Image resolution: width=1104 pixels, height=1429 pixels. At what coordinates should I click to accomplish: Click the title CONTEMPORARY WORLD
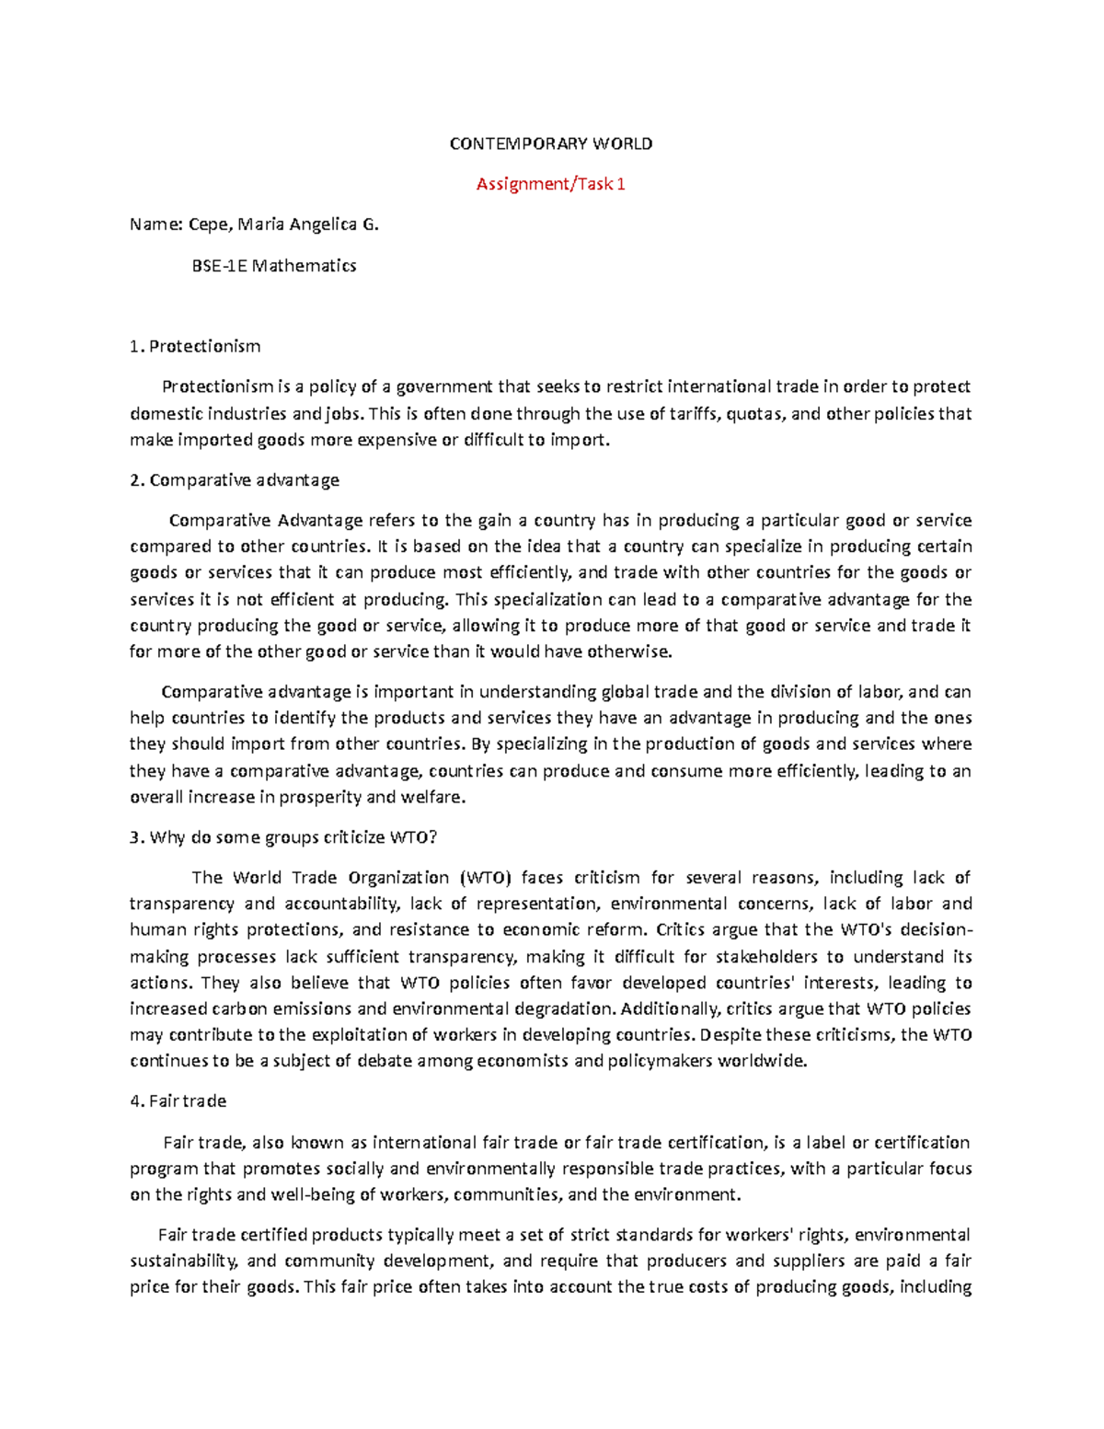tap(550, 144)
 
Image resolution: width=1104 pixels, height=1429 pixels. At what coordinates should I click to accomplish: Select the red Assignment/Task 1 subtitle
tap(550, 184)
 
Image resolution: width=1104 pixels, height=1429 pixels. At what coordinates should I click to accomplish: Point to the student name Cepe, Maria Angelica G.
tap(282, 225)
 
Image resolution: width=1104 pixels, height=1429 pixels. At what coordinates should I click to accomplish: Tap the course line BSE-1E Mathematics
tap(273, 266)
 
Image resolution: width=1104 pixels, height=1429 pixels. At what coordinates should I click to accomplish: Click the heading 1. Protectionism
tap(195, 346)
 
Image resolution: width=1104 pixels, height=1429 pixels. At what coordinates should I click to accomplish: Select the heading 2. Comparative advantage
tap(235, 479)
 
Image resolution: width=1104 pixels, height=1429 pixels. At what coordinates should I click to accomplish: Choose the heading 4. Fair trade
tap(178, 1101)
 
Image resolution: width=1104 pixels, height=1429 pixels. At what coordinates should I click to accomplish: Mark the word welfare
tap(436, 797)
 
